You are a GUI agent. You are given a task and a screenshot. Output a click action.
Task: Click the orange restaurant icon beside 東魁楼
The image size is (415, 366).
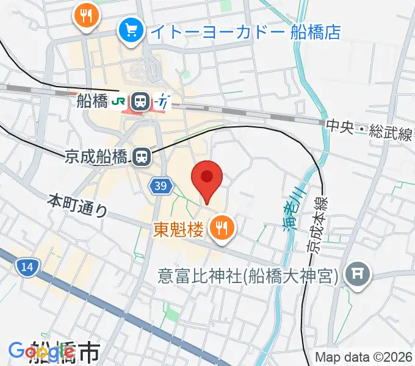click(220, 229)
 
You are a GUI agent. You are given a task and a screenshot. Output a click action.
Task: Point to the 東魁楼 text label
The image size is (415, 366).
click(178, 229)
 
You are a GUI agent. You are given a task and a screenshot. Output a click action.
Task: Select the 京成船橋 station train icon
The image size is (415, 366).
click(142, 157)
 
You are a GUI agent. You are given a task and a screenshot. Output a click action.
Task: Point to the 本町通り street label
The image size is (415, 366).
click(78, 206)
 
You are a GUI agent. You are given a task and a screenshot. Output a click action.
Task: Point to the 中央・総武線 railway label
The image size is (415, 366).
click(368, 129)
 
